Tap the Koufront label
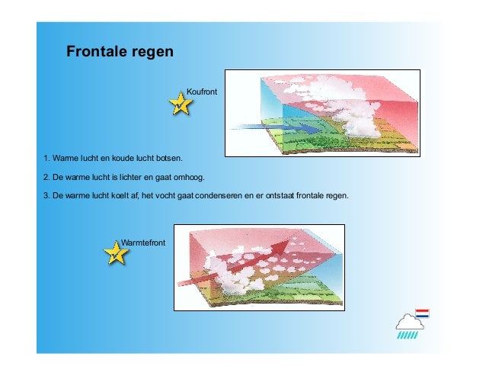[x=202, y=92]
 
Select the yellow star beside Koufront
[x=180, y=104]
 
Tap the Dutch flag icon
[x=422, y=313]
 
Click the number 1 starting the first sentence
[x=46, y=159]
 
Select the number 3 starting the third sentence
[x=46, y=196]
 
